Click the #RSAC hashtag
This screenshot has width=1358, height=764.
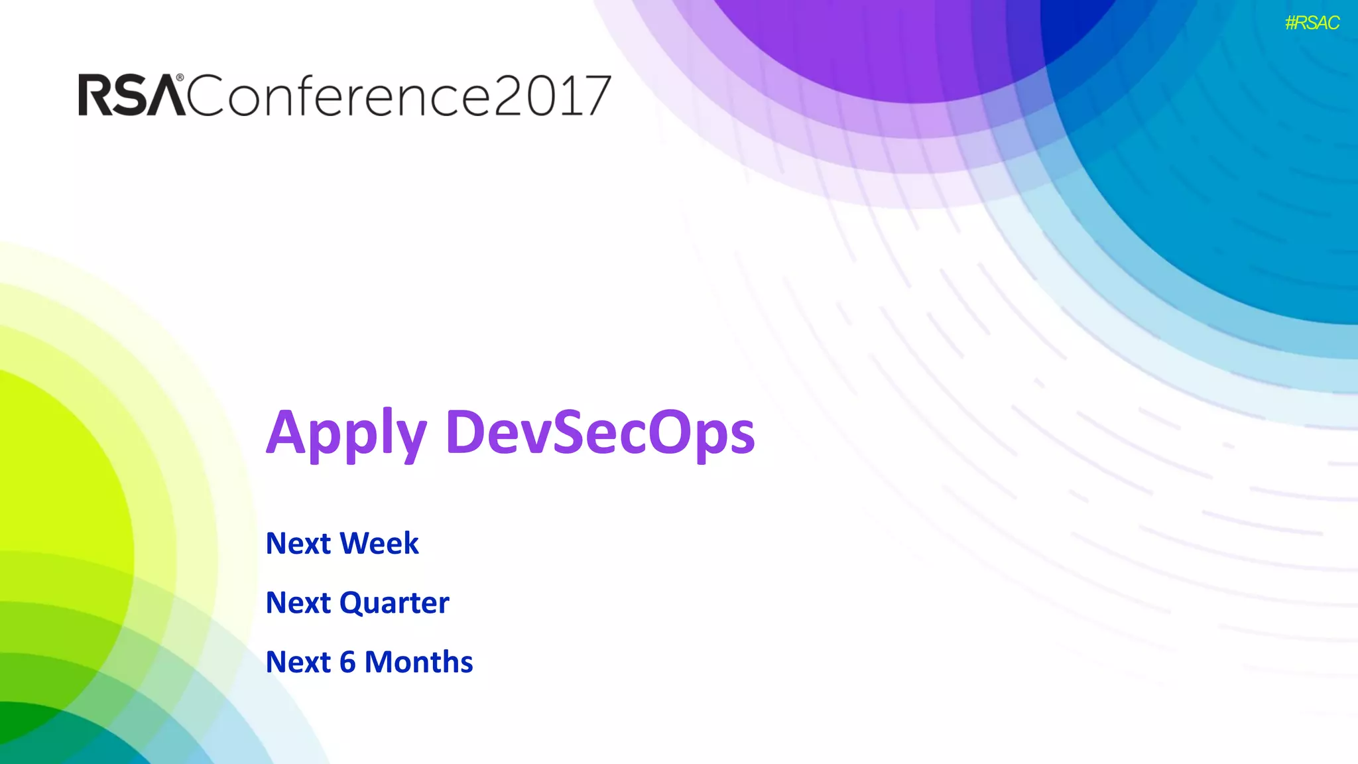[1312, 23]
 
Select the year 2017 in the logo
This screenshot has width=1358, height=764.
[552, 96]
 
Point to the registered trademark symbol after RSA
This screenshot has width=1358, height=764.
[180, 78]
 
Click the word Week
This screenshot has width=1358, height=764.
[379, 543]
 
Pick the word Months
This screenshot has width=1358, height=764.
[418, 662]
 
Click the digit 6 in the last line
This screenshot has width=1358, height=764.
[347, 663]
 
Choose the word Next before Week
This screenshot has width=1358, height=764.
[298, 544]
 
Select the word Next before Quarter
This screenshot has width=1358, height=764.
[298, 603]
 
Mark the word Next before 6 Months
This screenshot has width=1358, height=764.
[298, 663]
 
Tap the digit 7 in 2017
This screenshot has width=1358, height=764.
[595, 97]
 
